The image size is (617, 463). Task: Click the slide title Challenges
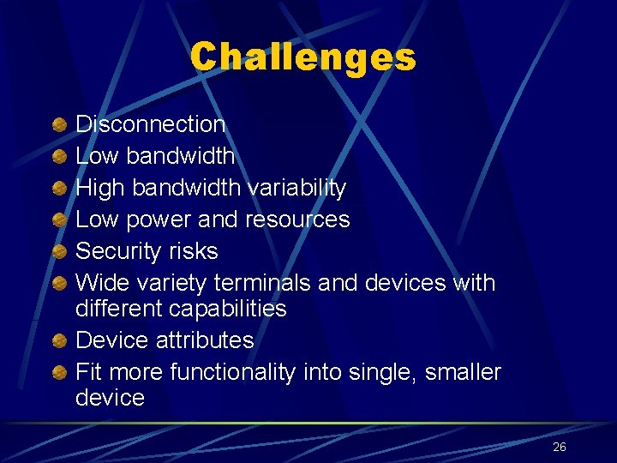tap(303, 57)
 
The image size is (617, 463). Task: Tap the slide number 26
tap(560, 447)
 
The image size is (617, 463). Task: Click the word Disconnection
tap(151, 124)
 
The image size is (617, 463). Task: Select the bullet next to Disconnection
tap(57, 125)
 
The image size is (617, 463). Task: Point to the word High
tap(98, 188)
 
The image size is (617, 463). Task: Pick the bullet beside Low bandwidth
tap(57, 157)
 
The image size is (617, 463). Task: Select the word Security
tap(117, 251)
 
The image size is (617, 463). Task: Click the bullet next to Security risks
tap(57, 252)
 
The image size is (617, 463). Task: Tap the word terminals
tap(261, 282)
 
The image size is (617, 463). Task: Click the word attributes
tap(205, 340)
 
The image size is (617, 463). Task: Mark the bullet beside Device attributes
tap(57, 341)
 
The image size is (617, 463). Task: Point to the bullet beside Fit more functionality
tap(57, 373)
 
